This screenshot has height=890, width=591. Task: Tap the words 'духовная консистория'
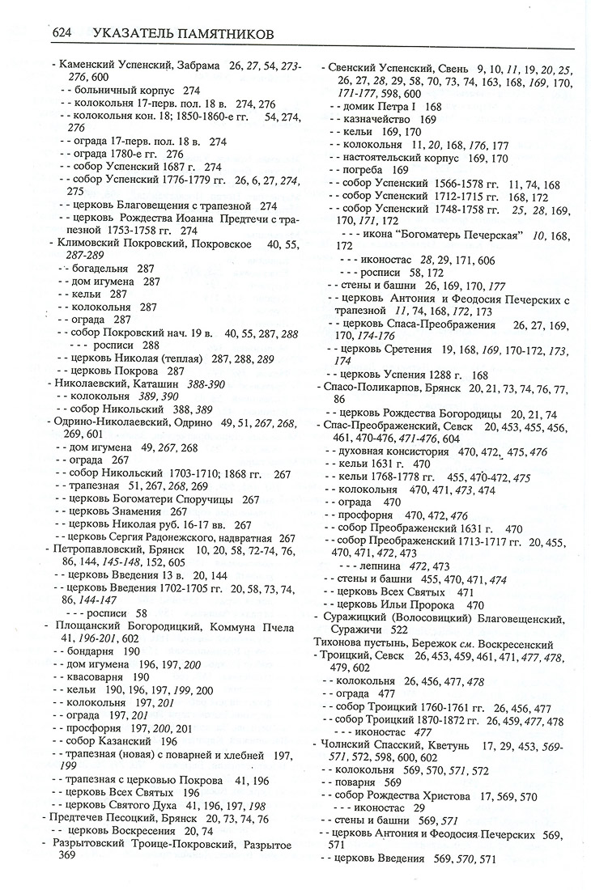(x=386, y=451)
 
